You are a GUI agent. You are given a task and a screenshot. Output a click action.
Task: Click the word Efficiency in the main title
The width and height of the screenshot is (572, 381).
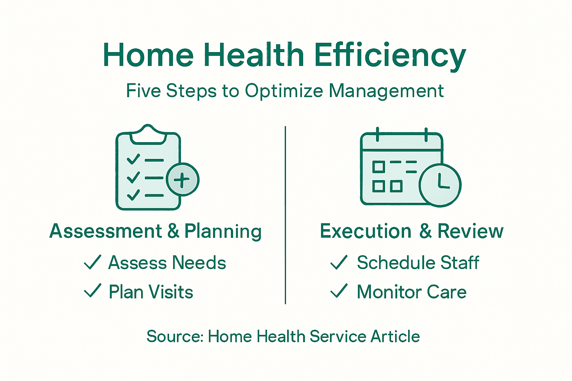pos(390,55)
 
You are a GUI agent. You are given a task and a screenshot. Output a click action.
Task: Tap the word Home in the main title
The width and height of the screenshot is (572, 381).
pos(148,55)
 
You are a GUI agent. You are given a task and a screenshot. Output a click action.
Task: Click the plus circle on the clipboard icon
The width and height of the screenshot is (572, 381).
pos(182,180)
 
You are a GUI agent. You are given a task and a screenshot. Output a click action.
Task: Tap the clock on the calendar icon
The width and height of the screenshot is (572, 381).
pos(440,185)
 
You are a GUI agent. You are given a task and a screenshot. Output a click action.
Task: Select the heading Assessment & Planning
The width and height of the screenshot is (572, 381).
pos(156,231)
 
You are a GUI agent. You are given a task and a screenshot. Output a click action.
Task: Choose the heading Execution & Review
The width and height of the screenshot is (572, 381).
pos(411,231)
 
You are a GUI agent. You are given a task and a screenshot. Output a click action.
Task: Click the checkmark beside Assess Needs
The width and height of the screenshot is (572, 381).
pos(92,262)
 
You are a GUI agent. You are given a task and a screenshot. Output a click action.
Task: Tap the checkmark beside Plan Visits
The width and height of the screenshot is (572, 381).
pos(92,291)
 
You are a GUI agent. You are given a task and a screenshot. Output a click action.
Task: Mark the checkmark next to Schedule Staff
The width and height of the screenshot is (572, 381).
pos(339,262)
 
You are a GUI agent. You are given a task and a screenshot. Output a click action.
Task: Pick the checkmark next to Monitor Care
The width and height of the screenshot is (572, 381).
pos(339,291)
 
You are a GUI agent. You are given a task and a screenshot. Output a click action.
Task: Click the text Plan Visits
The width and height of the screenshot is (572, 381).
pos(151,292)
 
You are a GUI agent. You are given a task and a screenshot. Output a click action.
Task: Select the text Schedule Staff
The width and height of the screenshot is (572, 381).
pos(418,263)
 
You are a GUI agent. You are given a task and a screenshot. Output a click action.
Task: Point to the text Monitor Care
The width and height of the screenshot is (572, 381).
pos(411,292)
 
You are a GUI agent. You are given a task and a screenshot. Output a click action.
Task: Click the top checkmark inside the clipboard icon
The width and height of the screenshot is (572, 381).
pos(133,159)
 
